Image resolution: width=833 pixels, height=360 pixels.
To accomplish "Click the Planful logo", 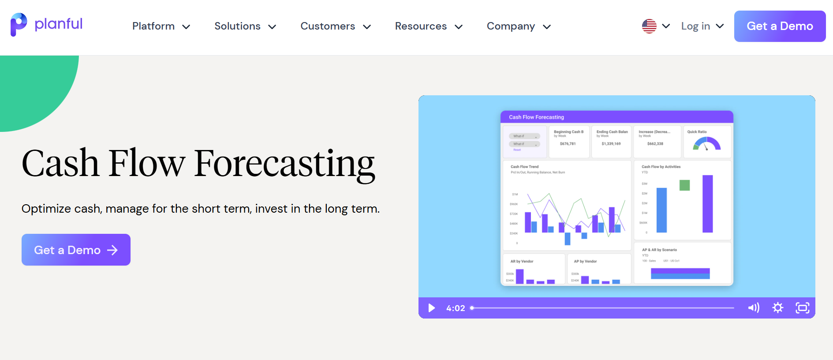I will (x=47, y=25).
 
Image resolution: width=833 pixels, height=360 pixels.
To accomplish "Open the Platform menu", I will (x=161, y=26).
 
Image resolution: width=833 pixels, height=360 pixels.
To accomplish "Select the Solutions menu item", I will (x=245, y=26).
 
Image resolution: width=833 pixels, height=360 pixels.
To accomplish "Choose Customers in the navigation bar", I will (x=336, y=26).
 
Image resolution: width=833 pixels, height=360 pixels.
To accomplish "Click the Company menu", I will (x=519, y=26).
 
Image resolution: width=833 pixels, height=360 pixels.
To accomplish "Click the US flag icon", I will (x=649, y=26).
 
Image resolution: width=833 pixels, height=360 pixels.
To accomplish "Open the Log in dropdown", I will (x=702, y=26).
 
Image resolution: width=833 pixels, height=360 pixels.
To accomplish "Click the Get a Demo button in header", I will (x=780, y=26).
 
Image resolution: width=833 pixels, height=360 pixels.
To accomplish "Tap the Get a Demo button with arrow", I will (x=76, y=250).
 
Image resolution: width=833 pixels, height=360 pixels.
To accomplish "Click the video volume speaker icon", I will (x=754, y=307).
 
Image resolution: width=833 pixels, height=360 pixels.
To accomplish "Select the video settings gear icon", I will (x=778, y=307).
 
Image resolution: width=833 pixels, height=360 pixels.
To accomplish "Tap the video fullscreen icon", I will (x=803, y=307).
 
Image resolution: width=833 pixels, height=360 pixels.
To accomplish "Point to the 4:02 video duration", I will (x=456, y=308).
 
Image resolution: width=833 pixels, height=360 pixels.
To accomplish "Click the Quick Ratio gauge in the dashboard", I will (x=706, y=144).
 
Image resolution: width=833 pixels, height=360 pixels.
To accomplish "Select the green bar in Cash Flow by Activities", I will (x=684, y=185).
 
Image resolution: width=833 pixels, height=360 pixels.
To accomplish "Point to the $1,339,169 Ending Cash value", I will (x=611, y=144).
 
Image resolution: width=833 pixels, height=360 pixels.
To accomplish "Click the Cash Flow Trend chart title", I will (x=525, y=167).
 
